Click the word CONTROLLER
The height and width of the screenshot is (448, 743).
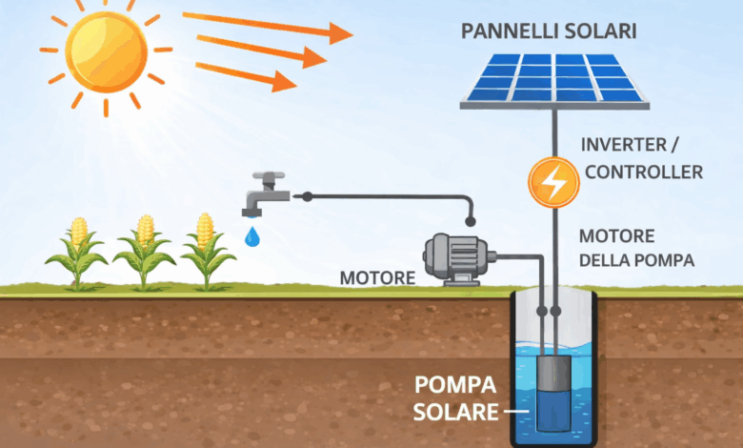pyautogui.click(x=644, y=173)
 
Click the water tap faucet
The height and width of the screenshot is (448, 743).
pyautogui.click(x=262, y=195)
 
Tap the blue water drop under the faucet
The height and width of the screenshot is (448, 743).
pyautogui.click(x=251, y=235)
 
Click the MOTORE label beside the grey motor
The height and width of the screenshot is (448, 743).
pyautogui.click(x=377, y=278)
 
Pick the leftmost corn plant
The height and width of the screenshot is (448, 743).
pyautogui.click(x=76, y=253)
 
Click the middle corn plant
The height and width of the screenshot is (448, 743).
pyautogui.click(x=144, y=253)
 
